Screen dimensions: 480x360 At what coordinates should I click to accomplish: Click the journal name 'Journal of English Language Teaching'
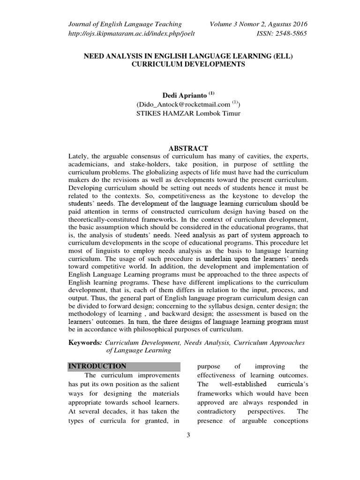pos(125,24)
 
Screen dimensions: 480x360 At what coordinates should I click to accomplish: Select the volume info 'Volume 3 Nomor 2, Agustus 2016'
pos(259,24)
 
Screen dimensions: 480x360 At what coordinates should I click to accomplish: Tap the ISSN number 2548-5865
pos(283,33)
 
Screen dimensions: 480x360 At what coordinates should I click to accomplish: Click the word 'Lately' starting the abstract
pos(78,156)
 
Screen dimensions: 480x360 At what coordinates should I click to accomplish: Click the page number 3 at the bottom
pos(188,435)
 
